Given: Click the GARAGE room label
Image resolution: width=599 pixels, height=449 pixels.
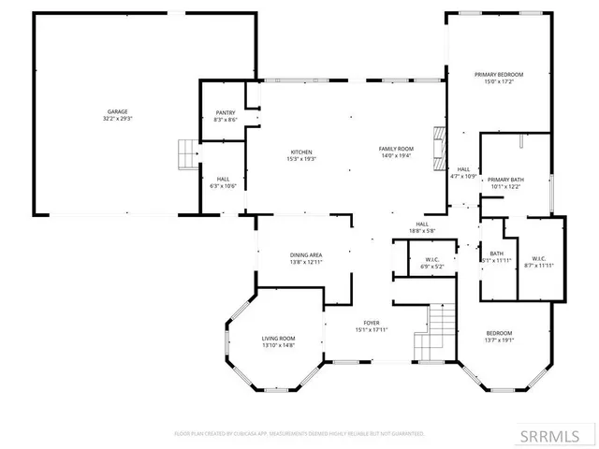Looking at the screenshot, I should click(x=117, y=111).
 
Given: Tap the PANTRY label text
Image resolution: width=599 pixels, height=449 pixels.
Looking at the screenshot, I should click(x=226, y=112).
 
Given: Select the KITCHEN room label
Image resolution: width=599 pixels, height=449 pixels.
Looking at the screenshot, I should click(x=301, y=152).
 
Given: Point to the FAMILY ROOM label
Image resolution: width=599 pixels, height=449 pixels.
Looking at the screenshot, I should click(x=396, y=149).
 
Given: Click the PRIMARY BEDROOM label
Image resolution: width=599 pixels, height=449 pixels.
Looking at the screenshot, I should click(x=498, y=75).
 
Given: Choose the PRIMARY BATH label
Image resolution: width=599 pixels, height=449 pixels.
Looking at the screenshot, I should click(x=505, y=179).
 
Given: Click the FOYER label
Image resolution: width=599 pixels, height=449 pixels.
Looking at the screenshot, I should click(x=371, y=323).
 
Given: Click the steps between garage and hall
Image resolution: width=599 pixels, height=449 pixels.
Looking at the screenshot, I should click(x=189, y=154).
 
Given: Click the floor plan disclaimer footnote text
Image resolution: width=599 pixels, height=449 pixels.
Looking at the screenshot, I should click(x=299, y=434).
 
